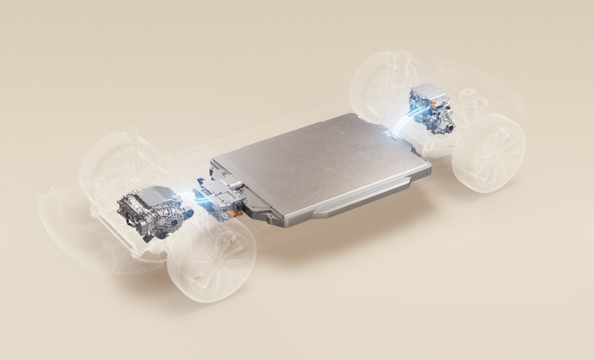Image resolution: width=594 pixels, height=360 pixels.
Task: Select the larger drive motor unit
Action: point(151,211)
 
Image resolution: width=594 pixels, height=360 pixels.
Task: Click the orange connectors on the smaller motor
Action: point(435,103)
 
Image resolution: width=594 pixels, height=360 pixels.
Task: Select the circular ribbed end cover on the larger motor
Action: point(173,218)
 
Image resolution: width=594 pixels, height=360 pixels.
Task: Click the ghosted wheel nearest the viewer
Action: point(211,261)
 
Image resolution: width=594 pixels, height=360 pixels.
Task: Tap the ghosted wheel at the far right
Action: point(488,153)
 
